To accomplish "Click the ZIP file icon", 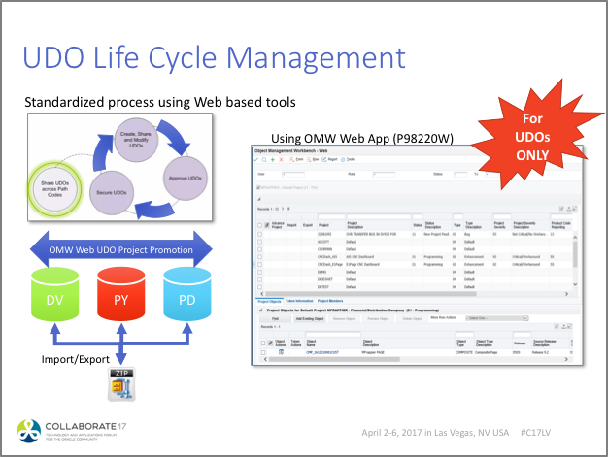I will (120, 385).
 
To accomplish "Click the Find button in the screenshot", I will (274, 317).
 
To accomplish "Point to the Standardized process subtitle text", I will (159, 102).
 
